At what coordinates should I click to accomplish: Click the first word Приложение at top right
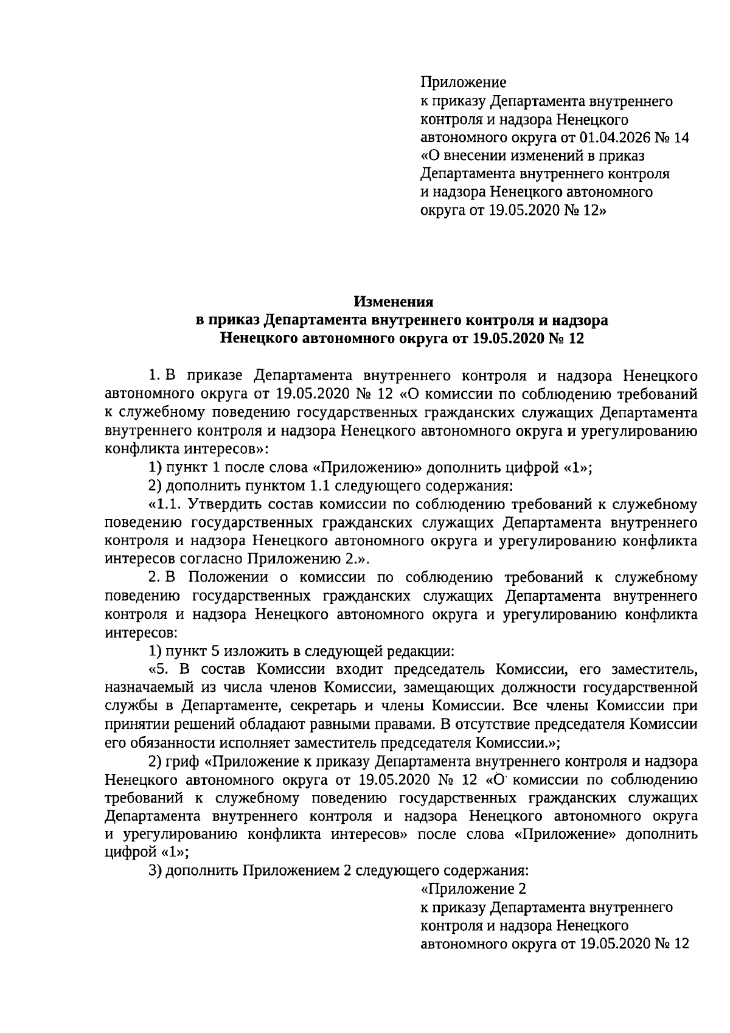[463, 82]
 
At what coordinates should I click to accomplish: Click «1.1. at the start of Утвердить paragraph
[165, 504]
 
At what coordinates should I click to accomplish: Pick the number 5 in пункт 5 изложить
[215, 651]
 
